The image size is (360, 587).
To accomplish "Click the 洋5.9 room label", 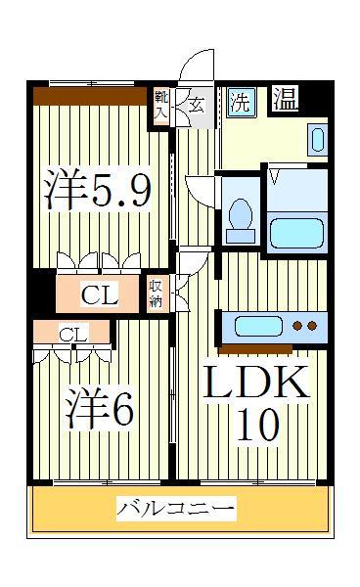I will pos(97,190).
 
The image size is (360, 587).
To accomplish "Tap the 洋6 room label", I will pos(99,408).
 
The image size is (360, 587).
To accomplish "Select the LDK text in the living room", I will pos(255,382).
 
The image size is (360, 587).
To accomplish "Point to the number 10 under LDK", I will pos(256,426).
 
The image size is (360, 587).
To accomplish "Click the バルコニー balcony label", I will pos(176,509).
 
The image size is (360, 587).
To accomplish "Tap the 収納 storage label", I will pos(157,293).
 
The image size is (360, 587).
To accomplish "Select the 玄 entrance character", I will pos(196,103).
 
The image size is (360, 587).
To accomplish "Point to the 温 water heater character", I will pos(285,98).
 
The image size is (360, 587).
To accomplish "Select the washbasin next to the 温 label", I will pos(317,138).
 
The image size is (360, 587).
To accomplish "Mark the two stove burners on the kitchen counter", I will pos(305,327).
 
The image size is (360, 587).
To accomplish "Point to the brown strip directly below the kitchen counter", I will pos(255,347).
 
